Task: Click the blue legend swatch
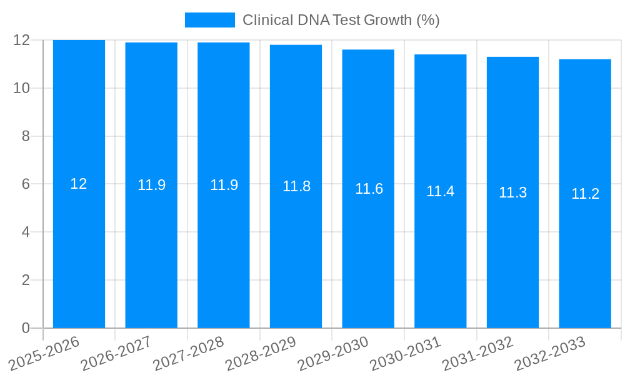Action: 209,20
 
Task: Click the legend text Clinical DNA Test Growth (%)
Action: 341,20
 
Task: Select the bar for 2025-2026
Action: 79,250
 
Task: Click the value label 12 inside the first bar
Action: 79,184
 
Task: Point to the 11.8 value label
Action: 296,186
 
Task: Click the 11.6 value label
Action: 369,189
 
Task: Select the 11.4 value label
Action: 440,191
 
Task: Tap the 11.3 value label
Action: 512,192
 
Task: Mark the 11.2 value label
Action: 585,194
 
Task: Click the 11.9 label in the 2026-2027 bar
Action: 151,185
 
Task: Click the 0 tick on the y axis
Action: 26,328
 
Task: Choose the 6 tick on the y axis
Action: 26,184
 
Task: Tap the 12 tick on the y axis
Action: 22,40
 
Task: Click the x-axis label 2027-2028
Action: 189,353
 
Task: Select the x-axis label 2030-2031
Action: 406,353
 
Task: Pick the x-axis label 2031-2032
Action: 478,353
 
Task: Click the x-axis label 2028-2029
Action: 261,353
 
